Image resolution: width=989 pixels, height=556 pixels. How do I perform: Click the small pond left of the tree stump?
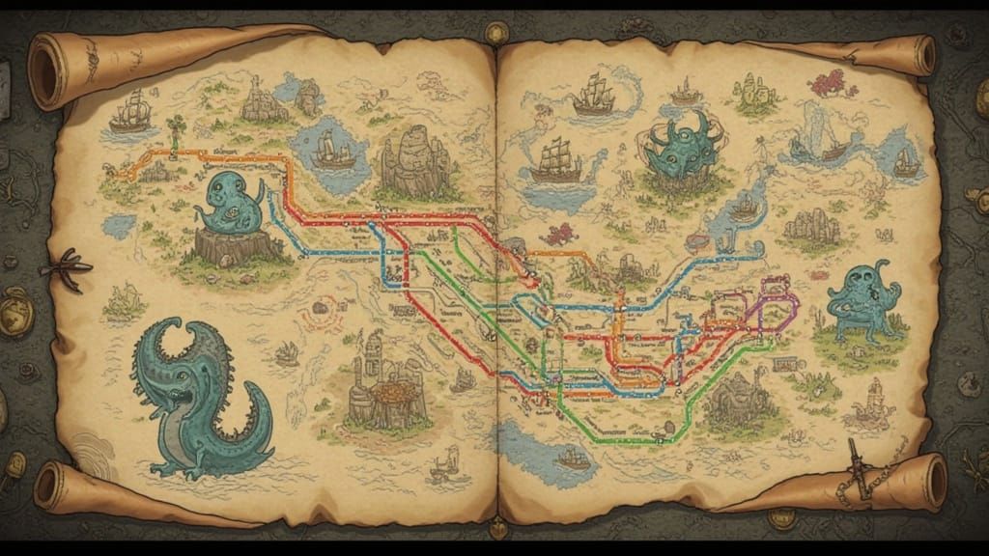click(119, 226)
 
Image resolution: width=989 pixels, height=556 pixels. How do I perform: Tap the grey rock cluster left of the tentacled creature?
click(810, 228)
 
